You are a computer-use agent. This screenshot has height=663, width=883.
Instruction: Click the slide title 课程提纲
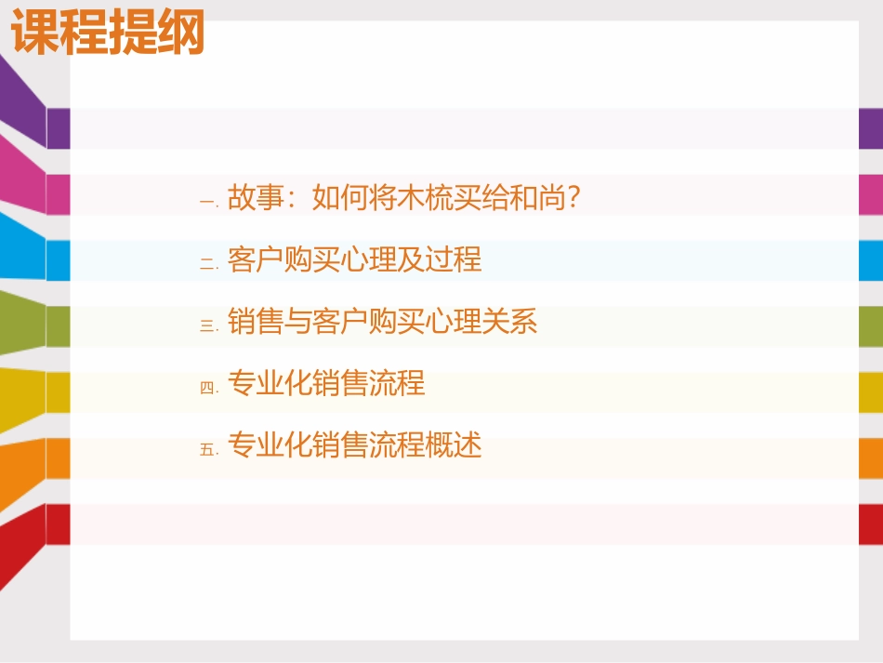(107, 35)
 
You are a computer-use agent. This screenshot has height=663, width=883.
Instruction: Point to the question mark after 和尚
(573, 197)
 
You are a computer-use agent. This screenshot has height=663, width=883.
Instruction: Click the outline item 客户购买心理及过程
(354, 259)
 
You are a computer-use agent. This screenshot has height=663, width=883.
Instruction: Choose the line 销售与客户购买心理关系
(382, 322)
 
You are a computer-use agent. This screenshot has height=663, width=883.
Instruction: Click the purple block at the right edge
(870, 128)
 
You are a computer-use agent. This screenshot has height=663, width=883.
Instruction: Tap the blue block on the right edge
(870, 260)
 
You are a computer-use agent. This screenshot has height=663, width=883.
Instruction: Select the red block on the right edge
(870, 524)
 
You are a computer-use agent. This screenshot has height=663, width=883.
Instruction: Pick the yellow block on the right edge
(870, 392)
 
